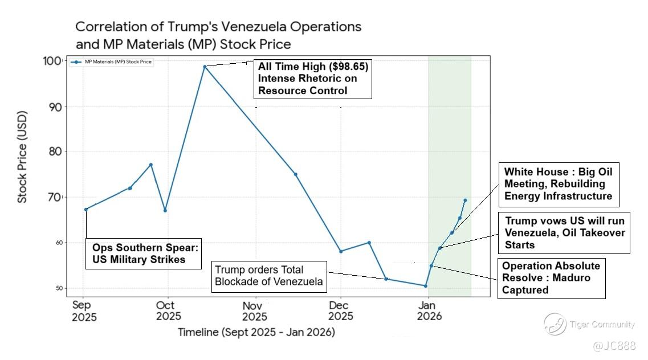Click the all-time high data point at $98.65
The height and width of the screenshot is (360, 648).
tap(205, 67)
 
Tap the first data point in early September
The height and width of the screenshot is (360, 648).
tap(85, 209)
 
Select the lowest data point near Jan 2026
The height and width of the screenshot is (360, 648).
tap(425, 286)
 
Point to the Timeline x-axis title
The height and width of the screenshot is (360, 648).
tap(256, 332)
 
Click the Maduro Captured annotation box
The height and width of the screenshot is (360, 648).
tap(551, 278)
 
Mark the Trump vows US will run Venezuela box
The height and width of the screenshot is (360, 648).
tap(565, 232)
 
